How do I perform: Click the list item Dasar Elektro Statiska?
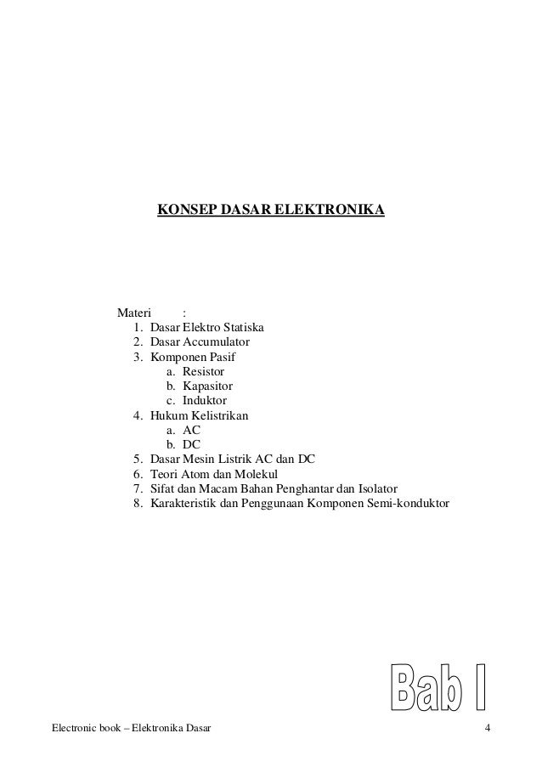click(208, 327)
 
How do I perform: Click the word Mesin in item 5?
click(200, 460)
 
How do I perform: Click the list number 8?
click(137, 504)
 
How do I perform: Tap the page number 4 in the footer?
click(488, 729)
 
